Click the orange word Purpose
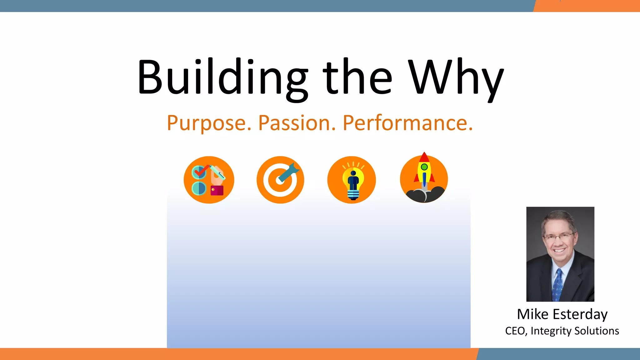pyautogui.click(x=209, y=123)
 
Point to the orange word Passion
pyautogui.click(x=297, y=123)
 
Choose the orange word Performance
pyautogui.click(x=407, y=123)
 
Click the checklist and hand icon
pyautogui.click(x=209, y=180)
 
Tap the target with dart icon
pyautogui.click(x=280, y=180)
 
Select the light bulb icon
pyautogui.click(x=352, y=180)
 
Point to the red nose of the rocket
pyautogui.click(x=424, y=157)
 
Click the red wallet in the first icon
pyautogui.click(x=217, y=190)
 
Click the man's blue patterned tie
pyautogui.click(x=557, y=284)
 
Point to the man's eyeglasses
pyautogui.click(x=559, y=236)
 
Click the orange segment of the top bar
pyautogui.click(x=587, y=6)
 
